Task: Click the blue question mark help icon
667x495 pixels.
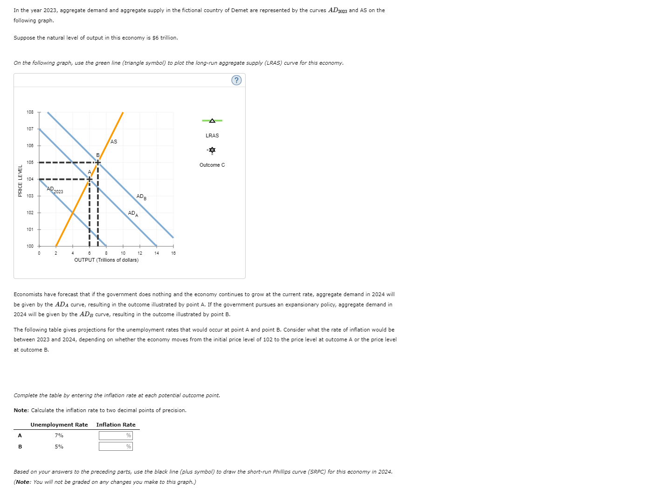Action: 236,80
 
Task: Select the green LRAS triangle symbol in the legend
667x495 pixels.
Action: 212,121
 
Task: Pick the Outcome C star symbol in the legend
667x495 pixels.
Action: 212,150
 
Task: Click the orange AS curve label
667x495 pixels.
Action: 114,142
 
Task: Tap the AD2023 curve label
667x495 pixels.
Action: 55,190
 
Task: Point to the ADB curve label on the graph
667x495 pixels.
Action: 141,197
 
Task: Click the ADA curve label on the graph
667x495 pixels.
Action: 133,213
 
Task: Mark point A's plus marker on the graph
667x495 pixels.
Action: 89,179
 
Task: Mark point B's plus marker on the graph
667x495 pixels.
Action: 97,163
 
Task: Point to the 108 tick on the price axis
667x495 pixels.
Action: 30,112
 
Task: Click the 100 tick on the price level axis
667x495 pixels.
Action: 30,246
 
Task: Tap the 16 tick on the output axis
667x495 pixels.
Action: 173,253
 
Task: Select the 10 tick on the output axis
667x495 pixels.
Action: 123,253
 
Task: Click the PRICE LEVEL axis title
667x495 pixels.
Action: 20,181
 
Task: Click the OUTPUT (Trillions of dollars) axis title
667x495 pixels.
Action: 106,260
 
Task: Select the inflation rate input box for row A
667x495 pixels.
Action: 115,435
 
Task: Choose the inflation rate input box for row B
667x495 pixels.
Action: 115,446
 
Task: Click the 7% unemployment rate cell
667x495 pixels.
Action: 59,435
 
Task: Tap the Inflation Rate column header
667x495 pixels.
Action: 116,425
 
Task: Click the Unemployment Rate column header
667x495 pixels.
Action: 59,425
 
